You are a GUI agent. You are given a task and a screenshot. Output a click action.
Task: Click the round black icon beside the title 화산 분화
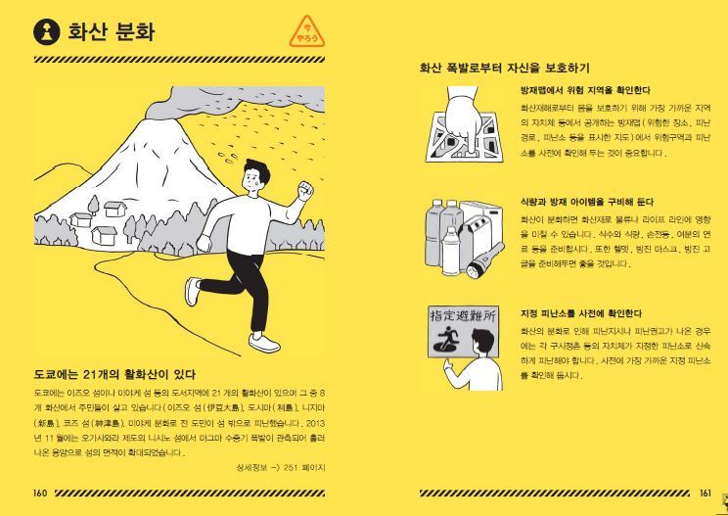(x=46, y=31)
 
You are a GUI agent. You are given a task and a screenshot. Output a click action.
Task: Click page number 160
(x=40, y=493)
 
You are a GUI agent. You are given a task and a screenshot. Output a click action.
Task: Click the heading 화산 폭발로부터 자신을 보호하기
(x=504, y=69)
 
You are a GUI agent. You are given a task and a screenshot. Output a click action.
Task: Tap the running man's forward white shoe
(x=263, y=343)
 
